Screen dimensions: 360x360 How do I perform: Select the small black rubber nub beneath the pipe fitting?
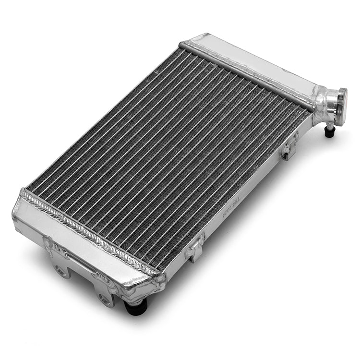(329, 132)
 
